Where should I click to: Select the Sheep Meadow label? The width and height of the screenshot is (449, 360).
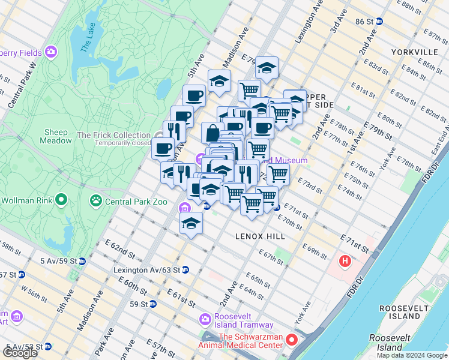tap(55, 136)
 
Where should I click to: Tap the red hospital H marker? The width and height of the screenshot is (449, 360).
tap(345, 261)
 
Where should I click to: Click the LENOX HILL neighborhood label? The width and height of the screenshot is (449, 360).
tap(261, 236)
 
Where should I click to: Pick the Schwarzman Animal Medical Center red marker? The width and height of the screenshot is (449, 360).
tap(292, 340)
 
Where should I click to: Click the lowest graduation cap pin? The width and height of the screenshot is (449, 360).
tap(191, 223)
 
